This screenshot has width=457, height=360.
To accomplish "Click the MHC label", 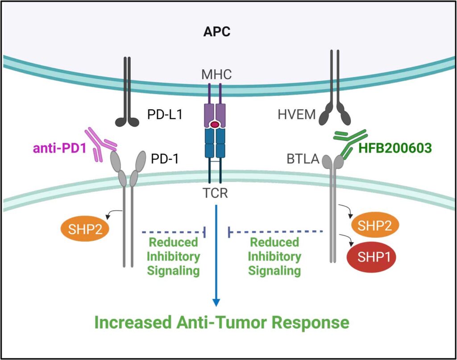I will point(216,74).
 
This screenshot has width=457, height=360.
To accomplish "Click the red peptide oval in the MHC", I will point(216,125).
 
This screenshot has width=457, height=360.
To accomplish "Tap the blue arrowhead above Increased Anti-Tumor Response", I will point(216,302).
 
